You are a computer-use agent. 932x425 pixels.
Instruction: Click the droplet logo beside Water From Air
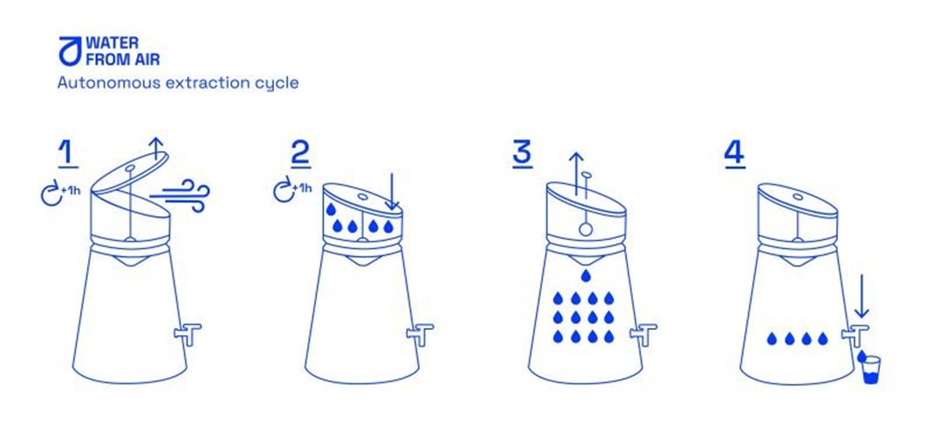(69, 51)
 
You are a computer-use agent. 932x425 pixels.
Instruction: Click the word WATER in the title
(112, 43)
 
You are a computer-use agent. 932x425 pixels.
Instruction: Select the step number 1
(68, 153)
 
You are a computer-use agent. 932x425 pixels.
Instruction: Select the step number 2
(301, 153)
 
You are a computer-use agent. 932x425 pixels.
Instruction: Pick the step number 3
(522, 153)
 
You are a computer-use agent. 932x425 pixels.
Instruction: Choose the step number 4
(735, 153)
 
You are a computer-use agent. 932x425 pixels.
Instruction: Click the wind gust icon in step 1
(180, 195)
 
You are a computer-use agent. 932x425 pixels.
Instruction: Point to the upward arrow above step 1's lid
(156, 148)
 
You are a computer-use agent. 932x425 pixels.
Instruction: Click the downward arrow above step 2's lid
(391, 191)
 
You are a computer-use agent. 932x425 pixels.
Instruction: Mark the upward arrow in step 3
(576, 173)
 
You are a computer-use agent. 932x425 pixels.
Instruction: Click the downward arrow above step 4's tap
(861, 295)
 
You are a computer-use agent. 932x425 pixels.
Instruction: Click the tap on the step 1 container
(188, 334)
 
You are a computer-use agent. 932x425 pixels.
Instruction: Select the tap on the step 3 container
(644, 334)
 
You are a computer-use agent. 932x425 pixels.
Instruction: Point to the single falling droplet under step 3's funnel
(586, 275)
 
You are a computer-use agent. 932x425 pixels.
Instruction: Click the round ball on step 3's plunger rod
(586, 229)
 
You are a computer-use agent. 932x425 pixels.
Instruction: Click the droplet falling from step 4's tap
(861, 356)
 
